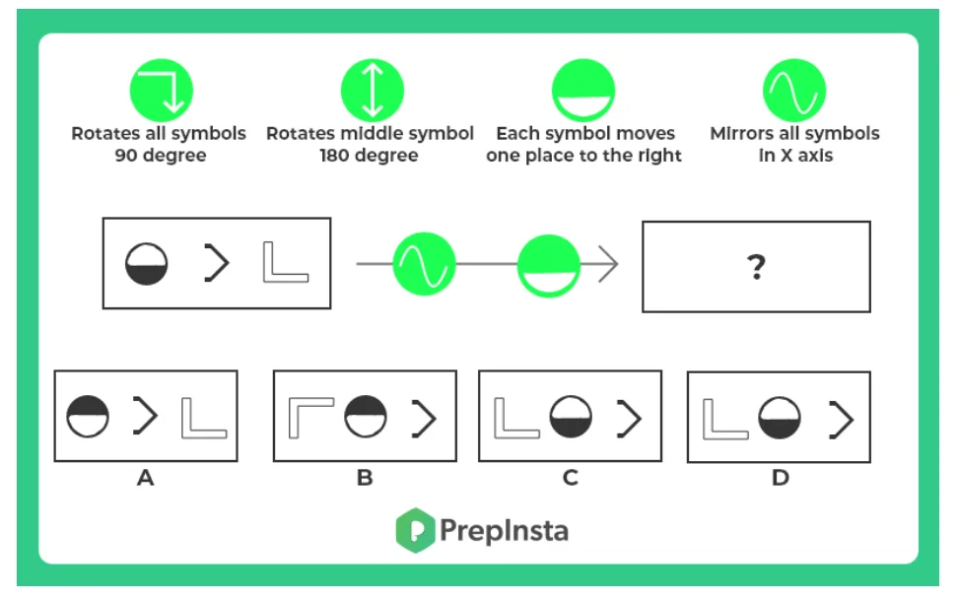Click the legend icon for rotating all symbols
(x=161, y=90)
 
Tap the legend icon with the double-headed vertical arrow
(x=372, y=90)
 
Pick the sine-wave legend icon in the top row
(x=794, y=90)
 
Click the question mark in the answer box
(x=756, y=267)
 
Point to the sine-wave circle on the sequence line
(x=424, y=265)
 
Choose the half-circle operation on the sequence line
(x=549, y=265)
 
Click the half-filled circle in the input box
(x=147, y=265)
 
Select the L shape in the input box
(x=285, y=264)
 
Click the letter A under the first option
(x=146, y=479)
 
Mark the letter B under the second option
(x=365, y=479)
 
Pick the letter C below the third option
(x=570, y=479)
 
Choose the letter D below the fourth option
(x=780, y=479)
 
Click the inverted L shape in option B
(x=309, y=417)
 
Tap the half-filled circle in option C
(x=570, y=417)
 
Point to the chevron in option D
(x=841, y=420)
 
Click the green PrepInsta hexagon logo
(x=415, y=530)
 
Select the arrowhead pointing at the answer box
(x=608, y=265)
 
